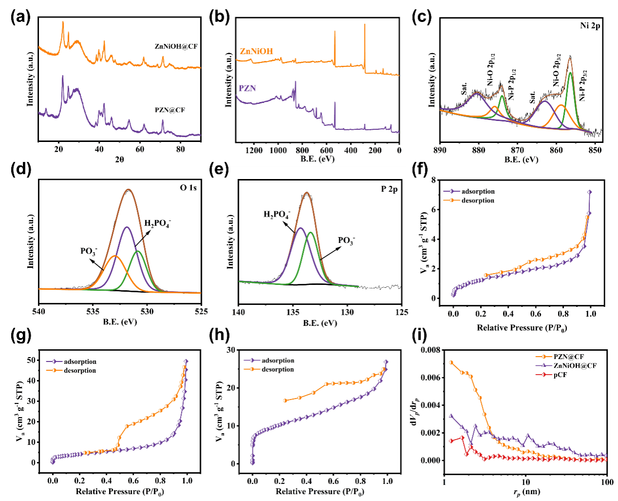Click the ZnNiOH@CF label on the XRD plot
point(176,46)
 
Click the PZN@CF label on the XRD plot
point(170,110)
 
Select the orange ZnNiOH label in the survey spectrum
point(256,51)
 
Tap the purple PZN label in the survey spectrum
point(247,88)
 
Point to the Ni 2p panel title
point(590,26)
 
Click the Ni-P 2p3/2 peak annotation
point(583,86)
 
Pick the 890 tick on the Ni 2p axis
point(440,150)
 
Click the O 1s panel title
point(188,188)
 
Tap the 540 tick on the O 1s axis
point(39,312)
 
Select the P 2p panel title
point(389,189)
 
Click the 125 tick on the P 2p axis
point(402,312)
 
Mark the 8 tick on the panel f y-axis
point(433,180)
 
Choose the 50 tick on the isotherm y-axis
point(31,360)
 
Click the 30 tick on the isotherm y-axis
point(231,350)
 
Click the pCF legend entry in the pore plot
point(560,375)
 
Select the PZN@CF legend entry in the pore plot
point(568,357)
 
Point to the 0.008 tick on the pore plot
point(430,350)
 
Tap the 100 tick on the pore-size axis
point(607,482)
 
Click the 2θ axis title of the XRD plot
point(119,159)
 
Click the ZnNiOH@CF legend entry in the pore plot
point(575,365)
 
